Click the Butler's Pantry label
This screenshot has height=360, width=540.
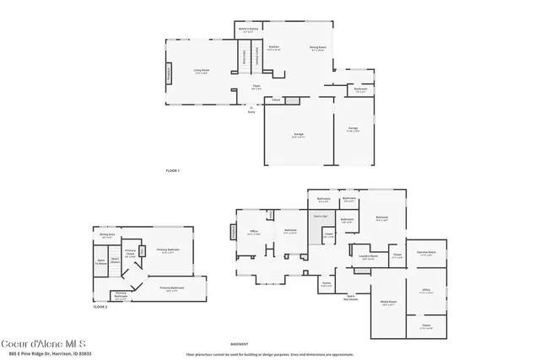tap(248, 31)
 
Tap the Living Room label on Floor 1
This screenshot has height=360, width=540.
tap(201, 72)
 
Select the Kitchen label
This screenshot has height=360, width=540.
tap(273, 48)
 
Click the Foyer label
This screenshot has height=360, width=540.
tap(256, 87)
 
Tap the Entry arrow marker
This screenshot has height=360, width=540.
tap(251, 110)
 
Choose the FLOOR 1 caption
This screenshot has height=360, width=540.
tap(173, 171)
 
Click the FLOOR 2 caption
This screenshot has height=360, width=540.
tap(100, 307)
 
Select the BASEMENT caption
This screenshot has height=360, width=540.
tap(240, 344)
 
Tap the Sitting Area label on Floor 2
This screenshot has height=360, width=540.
tap(106, 237)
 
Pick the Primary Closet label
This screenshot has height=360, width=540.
tap(131, 252)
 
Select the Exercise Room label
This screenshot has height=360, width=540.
tap(426, 253)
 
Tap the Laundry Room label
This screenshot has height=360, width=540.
tap(367, 257)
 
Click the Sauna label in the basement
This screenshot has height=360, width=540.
tap(326, 285)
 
